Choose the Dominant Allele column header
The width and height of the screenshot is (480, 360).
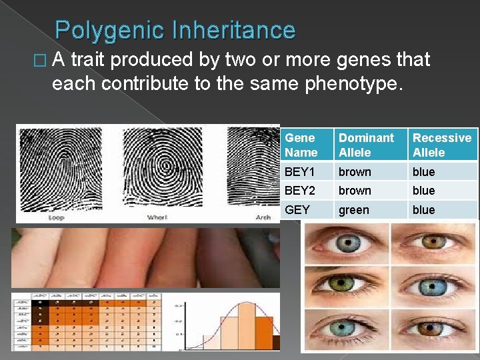pos(366,145)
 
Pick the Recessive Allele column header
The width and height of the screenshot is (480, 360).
pos(441,145)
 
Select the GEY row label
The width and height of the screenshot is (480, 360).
pos(297,210)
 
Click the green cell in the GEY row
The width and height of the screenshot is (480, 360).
pos(353,210)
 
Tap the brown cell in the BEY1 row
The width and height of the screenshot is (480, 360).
pos(355,172)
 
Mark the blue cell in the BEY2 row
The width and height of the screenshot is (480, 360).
pos(423,191)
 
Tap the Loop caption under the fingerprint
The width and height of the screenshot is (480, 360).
pos(56,218)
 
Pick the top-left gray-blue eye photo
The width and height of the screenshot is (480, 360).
pos(346,243)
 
